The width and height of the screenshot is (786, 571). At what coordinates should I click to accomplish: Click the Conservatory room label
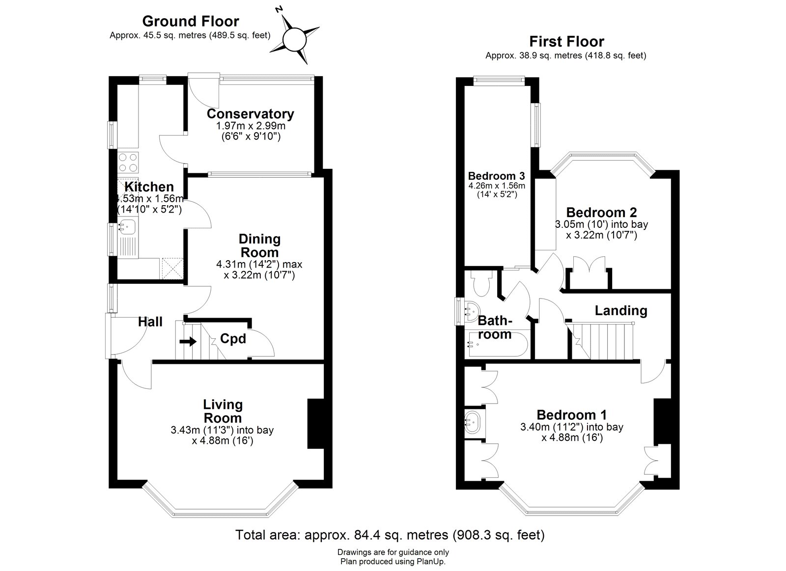[x=250, y=114]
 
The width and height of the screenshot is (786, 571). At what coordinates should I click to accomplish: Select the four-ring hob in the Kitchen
[x=128, y=163]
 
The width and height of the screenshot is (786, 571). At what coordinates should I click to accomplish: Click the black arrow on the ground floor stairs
[x=188, y=341]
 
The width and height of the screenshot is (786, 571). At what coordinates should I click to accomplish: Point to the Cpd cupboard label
[x=233, y=339]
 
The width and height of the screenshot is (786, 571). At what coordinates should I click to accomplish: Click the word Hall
[x=150, y=322]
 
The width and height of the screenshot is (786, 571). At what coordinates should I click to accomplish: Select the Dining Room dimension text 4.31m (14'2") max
[x=259, y=264]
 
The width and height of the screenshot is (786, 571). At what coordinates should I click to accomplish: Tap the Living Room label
[x=223, y=411]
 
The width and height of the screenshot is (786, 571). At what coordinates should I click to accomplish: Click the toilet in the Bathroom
[x=478, y=284]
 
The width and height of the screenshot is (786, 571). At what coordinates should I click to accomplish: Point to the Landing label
[x=621, y=311]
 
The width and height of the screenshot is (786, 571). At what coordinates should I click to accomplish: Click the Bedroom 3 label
[x=496, y=176]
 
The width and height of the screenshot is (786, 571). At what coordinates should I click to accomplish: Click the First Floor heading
[x=566, y=42]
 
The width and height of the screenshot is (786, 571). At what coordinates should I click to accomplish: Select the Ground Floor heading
[x=190, y=21]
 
